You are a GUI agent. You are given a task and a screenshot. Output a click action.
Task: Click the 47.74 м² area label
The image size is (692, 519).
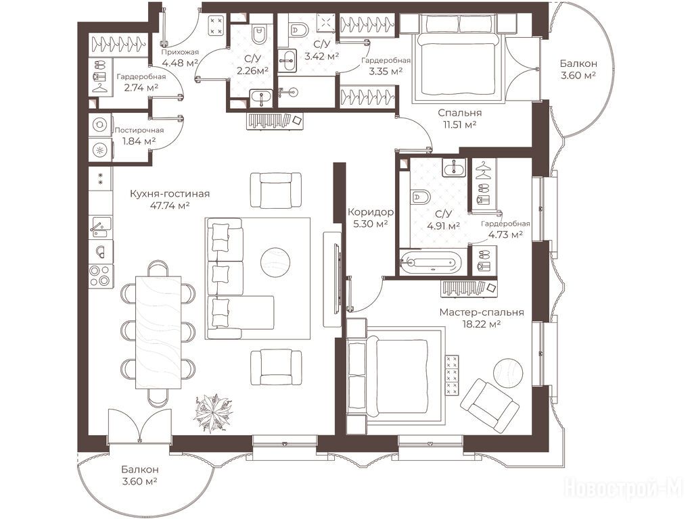coord(170,205)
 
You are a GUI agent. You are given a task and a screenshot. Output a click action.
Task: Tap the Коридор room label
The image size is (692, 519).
coord(371,212)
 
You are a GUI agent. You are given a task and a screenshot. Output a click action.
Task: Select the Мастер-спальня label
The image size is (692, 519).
coord(482,312)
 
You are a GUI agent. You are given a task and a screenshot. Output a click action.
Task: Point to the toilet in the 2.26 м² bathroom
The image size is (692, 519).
coord(258,34)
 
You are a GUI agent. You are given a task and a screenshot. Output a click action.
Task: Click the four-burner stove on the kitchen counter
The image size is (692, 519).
coord(100,276)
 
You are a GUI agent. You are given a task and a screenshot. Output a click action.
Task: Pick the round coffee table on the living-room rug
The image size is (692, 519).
coord(275,262)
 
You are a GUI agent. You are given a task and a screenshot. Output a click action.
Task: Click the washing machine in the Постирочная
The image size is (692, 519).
coord(99,125)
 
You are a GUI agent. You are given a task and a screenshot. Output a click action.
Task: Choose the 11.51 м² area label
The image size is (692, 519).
coord(459,124)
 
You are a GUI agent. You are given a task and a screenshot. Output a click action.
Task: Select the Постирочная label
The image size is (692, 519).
coord(139,130)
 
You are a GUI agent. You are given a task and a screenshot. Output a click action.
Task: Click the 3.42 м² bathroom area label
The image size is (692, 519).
coord(322,56)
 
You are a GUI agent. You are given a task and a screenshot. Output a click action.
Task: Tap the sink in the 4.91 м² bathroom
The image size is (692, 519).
coord(453,168)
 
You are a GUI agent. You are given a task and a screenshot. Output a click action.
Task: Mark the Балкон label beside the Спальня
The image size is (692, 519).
coord(578,64)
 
